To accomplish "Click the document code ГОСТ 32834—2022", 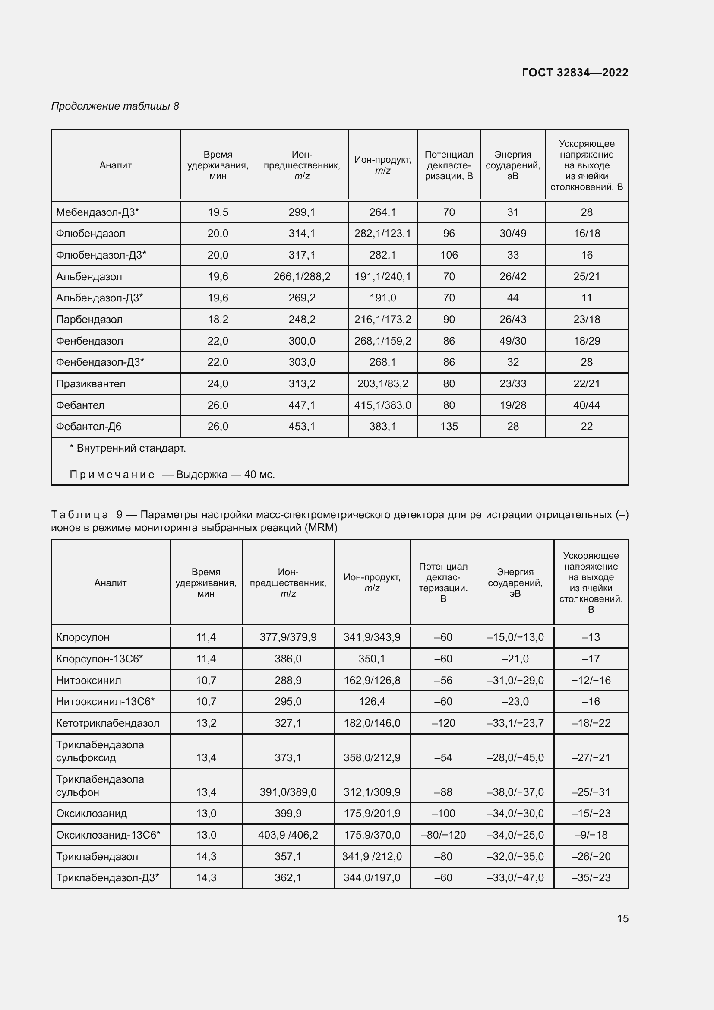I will pyautogui.click(x=575, y=73).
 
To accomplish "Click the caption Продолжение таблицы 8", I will pyautogui.click(x=115, y=106).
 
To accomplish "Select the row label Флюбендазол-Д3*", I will pyautogui.click(x=101, y=255).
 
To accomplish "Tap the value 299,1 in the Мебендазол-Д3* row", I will pyautogui.click(x=302, y=212).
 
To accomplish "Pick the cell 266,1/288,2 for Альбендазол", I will pyautogui.click(x=302, y=277).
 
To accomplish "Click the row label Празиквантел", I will pyautogui.click(x=91, y=383).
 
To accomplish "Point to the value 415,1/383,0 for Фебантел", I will pyautogui.click(x=382, y=405).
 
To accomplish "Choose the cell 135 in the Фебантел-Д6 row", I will pyautogui.click(x=449, y=426).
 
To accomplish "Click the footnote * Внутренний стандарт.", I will pyautogui.click(x=128, y=448).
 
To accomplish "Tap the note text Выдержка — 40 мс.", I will pyautogui.click(x=225, y=474).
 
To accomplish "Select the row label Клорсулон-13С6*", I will pyautogui.click(x=99, y=659).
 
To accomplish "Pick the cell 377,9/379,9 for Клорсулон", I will pyautogui.click(x=288, y=637).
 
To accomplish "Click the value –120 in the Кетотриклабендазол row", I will pyautogui.click(x=443, y=723).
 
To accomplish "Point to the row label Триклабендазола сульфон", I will pyautogui.click(x=100, y=785).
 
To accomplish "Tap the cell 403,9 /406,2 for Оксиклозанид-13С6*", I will pyautogui.click(x=288, y=835).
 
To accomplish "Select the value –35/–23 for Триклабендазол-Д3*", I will pyautogui.click(x=591, y=877).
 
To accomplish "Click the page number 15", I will pyautogui.click(x=622, y=918).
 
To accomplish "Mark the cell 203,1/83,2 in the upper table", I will pyautogui.click(x=382, y=383).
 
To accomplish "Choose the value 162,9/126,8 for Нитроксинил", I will pyautogui.click(x=372, y=680).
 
